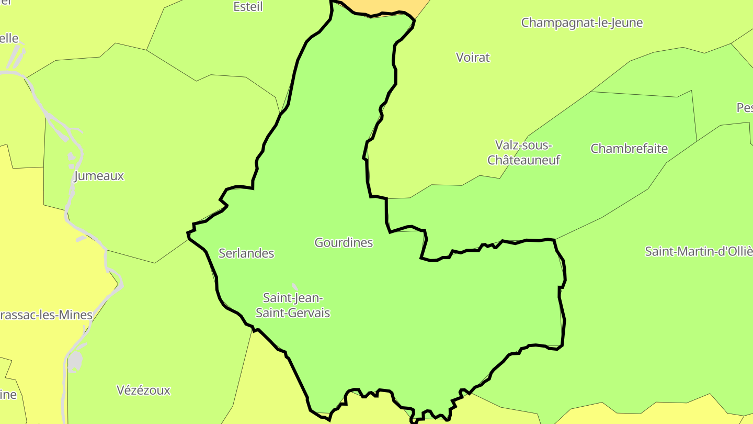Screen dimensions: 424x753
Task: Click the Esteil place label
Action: point(248,7)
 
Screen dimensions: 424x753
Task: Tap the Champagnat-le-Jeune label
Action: point(581,23)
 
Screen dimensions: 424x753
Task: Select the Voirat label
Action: point(473,58)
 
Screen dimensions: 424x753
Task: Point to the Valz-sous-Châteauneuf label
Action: point(523,152)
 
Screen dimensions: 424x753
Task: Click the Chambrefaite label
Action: point(629,149)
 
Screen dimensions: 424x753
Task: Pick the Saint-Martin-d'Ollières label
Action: point(699,251)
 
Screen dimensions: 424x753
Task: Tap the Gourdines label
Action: point(344,242)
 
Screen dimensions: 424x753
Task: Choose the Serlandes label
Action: point(246,253)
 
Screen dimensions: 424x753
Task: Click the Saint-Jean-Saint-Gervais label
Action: point(293,305)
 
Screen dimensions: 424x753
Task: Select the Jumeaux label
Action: point(99,176)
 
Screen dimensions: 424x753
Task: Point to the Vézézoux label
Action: point(143,390)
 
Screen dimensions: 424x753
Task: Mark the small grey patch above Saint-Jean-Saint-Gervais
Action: point(295,287)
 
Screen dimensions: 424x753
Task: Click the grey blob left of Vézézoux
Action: point(75,361)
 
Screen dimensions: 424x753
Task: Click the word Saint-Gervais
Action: point(293,313)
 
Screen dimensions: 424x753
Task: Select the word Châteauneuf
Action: point(523,160)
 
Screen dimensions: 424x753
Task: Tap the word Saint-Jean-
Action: point(293,298)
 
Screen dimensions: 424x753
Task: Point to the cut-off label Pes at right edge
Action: point(745,108)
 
